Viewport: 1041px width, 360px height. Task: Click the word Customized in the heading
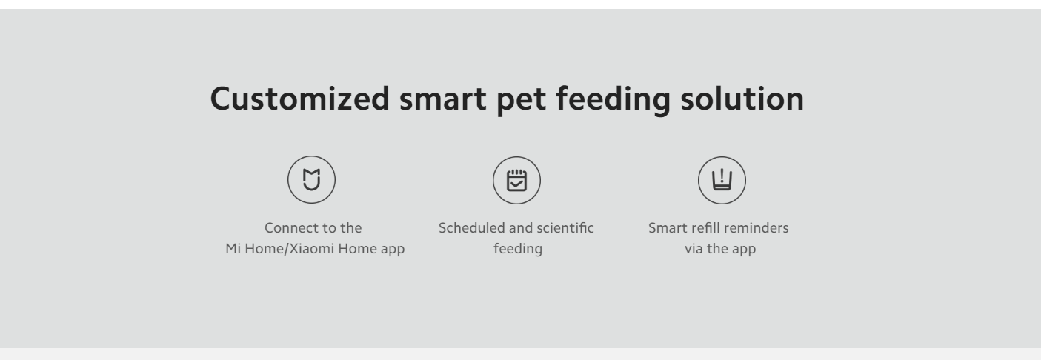coord(300,99)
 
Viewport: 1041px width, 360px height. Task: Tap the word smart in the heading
coord(443,99)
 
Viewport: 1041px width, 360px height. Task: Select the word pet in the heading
coord(521,101)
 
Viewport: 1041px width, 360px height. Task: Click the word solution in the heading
coord(742,99)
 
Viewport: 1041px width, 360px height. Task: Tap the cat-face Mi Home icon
coord(311,180)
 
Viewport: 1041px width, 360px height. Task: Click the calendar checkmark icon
coord(516,180)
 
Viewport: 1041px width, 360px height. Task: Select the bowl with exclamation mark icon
coord(722,180)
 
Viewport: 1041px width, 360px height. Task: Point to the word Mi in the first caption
coord(233,248)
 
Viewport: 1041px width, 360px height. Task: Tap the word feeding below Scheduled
coord(518,249)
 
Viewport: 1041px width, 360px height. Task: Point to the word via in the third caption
coord(694,249)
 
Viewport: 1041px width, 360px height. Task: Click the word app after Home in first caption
coord(393,250)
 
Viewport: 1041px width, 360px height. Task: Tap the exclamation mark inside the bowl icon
coord(722,176)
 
